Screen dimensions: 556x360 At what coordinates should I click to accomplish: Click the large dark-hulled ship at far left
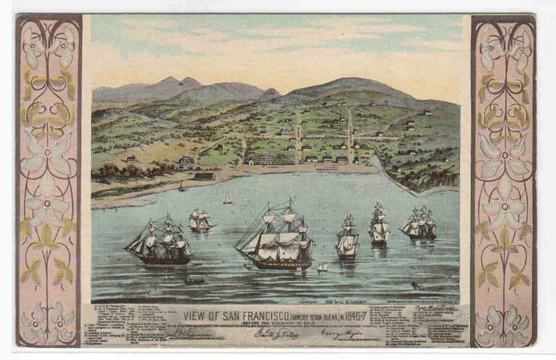click(159, 242)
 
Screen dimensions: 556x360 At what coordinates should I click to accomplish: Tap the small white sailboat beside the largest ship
click(321, 267)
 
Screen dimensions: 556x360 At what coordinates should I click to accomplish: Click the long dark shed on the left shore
click(204, 177)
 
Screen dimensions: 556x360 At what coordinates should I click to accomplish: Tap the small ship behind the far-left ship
click(200, 221)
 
